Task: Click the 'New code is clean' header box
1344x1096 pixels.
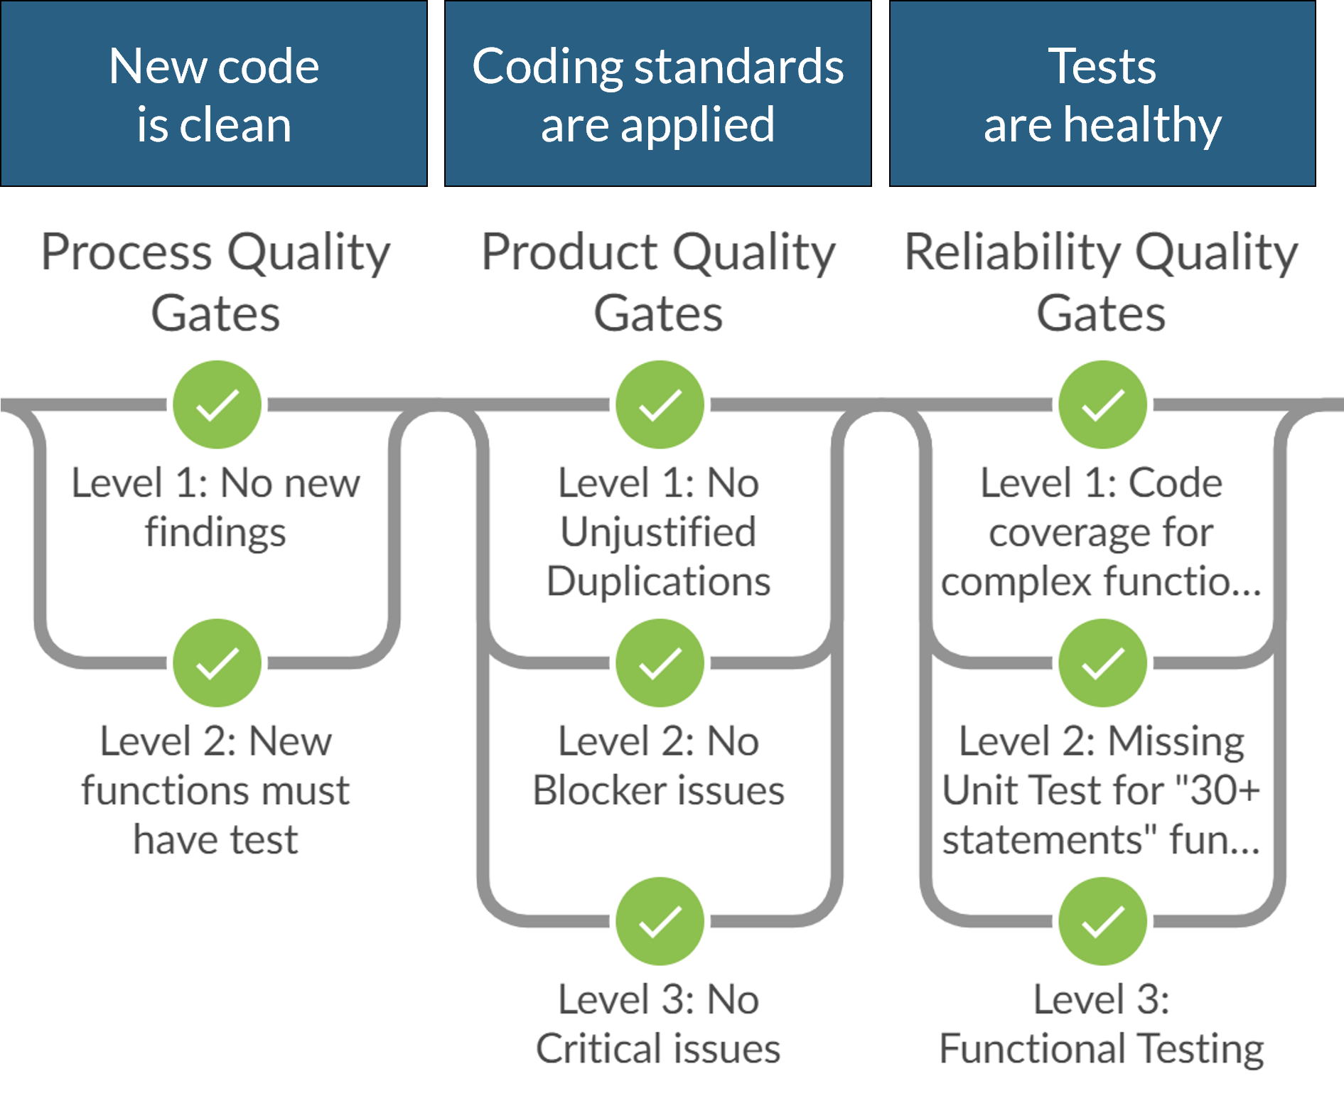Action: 214,94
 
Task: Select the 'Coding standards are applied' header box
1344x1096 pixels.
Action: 657,94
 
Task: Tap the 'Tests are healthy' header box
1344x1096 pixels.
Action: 1102,94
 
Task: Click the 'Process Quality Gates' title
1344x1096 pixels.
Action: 215,282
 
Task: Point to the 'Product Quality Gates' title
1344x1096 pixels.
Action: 658,282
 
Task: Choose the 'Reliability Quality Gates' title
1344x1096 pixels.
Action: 1101,282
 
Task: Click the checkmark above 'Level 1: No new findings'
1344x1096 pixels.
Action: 217,404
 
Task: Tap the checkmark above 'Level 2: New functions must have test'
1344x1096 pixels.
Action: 217,662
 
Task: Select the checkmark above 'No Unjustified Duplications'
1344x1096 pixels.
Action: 660,404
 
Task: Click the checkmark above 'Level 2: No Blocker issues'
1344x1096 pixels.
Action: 660,662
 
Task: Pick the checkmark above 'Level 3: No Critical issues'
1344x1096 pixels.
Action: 660,921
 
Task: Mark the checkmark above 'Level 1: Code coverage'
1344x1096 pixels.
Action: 1102,404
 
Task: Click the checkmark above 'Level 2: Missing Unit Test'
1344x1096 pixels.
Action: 1102,662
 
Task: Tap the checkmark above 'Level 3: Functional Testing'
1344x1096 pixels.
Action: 1102,921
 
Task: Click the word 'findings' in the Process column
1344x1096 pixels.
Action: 215,533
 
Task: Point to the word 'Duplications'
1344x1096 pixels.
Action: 658,581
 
